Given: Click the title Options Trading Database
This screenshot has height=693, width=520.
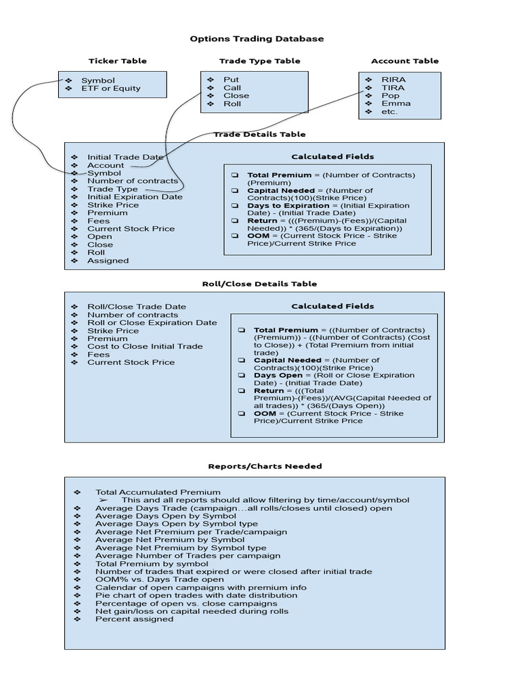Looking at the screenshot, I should pyautogui.click(x=257, y=39).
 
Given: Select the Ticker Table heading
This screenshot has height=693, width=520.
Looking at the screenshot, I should pyautogui.click(x=117, y=61).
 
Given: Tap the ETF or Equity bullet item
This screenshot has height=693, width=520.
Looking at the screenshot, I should pyautogui.click(x=110, y=88).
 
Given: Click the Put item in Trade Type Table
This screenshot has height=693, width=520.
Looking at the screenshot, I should pyautogui.click(x=231, y=80).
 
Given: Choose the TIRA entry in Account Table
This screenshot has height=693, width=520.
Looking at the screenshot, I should pyautogui.click(x=393, y=88).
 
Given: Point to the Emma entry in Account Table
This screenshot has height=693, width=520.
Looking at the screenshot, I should pyautogui.click(x=395, y=104).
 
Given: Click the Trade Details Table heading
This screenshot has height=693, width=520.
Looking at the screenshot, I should pyautogui.click(x=259, y=135).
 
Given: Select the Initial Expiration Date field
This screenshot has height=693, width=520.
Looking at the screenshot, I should pyautogui.click(x=135, y=197).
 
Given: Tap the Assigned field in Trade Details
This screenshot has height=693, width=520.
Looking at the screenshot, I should pyautogui.click(x=108, y=261).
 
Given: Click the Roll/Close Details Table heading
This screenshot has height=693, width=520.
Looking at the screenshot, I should pyautogui.click(x=259, y=284).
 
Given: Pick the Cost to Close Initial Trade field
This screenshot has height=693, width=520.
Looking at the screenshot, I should pyautogui.click(x=145, y=346).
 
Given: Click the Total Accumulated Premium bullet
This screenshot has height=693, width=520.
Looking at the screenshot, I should pyautogui.click(x=158, y=493).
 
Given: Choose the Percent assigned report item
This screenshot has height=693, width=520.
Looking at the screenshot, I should pyautogui.click(x=134, y=619).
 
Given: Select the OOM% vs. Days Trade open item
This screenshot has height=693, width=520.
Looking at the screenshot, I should pyautogui.click(x=159, y=579).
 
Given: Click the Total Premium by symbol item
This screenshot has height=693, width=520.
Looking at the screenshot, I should pyautogui.click(x=152, y=564).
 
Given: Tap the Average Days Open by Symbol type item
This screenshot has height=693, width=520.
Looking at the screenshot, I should pyautogui.click(x=176, y=524).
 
